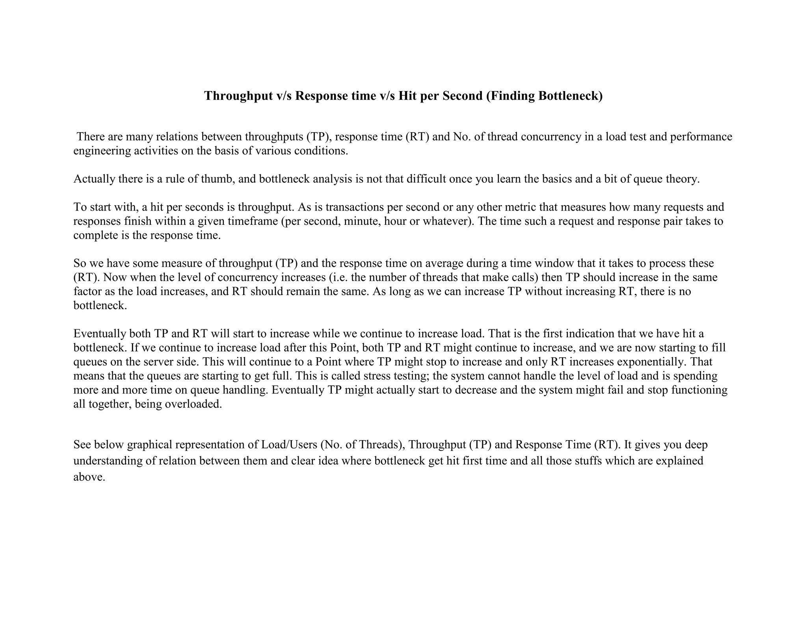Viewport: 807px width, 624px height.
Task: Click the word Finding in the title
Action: coord(512,96)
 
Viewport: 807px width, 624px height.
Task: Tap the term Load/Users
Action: coord(289,445)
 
